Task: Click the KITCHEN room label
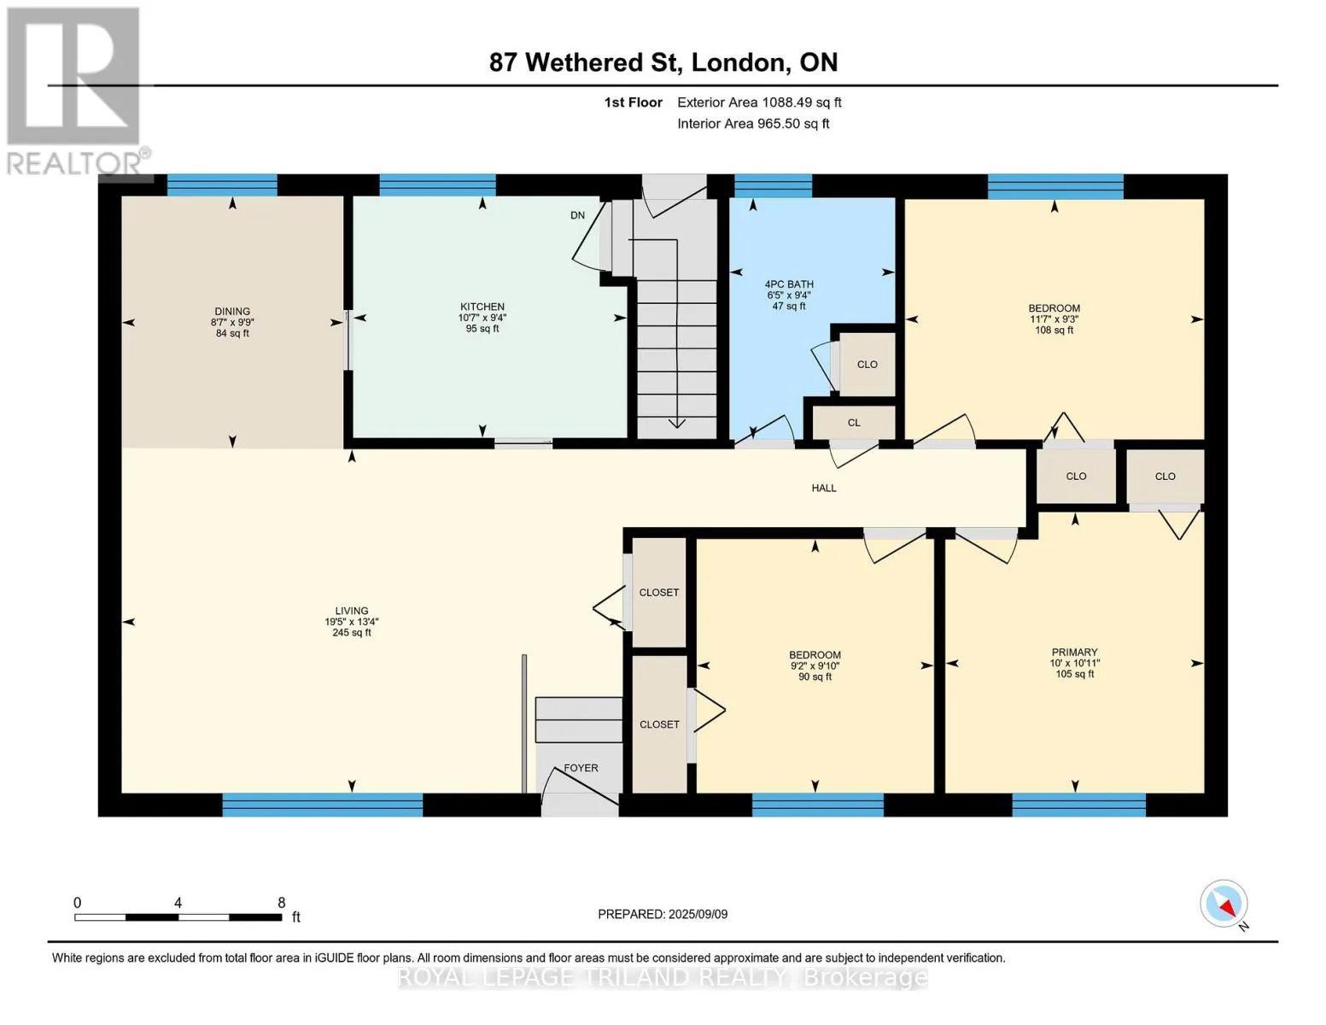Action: pos(482,307)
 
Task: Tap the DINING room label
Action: pos(232,312)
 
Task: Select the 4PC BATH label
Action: pos(789,284)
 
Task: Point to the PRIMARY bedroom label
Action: pos(1074,652)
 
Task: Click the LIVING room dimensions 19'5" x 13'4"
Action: pos(352,622)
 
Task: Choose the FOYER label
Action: pos(581,768)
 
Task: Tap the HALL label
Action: pos(824,488)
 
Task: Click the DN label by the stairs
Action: pos(577,215)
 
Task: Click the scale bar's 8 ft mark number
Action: pos(281,902)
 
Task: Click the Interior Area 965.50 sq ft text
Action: pos(754,123)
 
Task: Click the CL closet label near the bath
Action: pos(854,423)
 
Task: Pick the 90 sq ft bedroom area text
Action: pos(815,676)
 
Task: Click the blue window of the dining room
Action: pos(222,184)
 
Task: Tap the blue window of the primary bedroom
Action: pos(1079,805)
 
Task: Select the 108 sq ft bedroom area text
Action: pos(1054,331)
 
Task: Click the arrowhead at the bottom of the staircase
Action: pos(677,423)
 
